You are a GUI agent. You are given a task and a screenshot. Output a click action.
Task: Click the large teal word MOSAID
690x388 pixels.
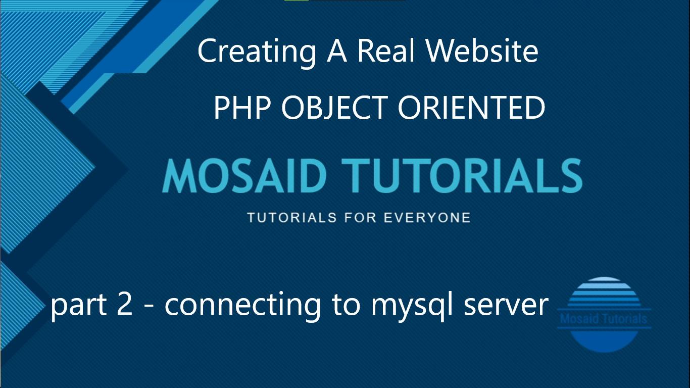pyautogui.click(x=244, y=176)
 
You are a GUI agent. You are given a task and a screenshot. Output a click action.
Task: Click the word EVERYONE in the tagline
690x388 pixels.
pyautogui.click(x=427, y=218)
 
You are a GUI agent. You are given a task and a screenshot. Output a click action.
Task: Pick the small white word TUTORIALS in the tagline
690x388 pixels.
pyautogui.click(x=292, y=218)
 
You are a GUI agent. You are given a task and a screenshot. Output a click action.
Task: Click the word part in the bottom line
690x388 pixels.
pyautogui.click(x=79, y=306)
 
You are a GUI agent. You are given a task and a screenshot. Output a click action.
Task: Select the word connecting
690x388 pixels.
pyautogui.click(x=242, y=306)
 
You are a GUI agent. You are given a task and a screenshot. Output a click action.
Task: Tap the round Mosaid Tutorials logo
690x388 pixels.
pyautogui.click(x=604, y=315)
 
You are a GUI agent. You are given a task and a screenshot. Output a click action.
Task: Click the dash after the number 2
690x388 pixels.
pyautogui.click(x=149, y=307)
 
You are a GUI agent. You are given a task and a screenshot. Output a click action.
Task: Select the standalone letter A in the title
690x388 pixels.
pyautogui.click(x=337, y=51)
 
